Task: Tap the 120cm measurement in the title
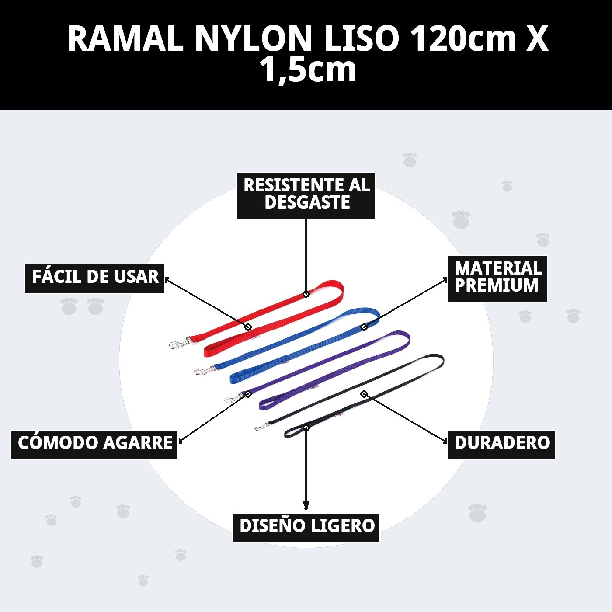[464, 38]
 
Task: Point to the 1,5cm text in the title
[308, 70]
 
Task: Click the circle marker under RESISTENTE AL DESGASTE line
[306, 294]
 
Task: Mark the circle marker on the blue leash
[364, 327]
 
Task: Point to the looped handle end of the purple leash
[404, 339]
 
